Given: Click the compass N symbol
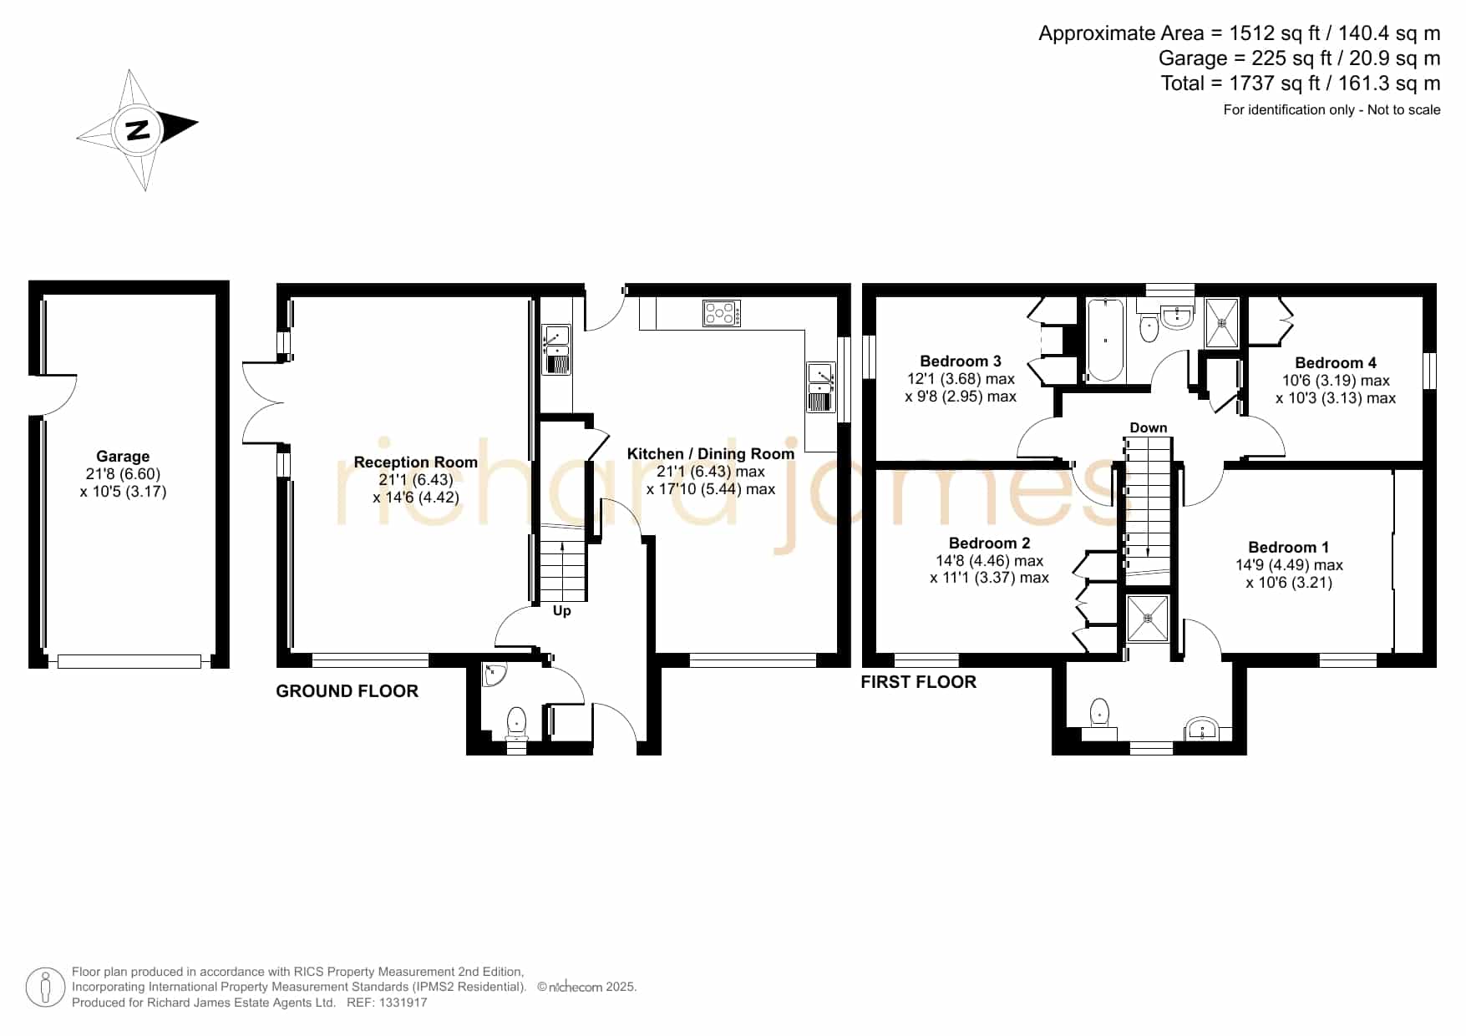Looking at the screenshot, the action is click(138, 130).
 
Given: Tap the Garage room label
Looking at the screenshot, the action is click(123, 457).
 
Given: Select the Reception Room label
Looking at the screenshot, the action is click(415, 462).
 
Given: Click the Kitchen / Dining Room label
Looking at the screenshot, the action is click(710, 454).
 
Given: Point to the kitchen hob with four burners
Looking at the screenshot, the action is click(722, 313).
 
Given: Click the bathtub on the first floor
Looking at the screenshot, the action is click(1106, 340).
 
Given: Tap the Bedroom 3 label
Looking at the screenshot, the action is click(961, 361).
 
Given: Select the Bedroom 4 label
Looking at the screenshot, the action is click(1336, 363).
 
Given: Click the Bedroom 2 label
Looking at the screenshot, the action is click(989, 543).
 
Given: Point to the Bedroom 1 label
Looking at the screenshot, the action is click(1288, 548).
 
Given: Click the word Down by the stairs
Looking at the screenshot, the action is click(1149, 428).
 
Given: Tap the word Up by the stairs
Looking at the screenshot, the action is click(562, 611).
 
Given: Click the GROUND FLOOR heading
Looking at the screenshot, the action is click(347, 691).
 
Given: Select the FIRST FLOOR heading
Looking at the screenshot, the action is click(918, 682).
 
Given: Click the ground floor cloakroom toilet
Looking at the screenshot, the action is click(517, 724).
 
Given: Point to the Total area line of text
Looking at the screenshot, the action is click(1301, 83).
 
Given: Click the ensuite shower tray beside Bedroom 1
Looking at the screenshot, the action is click(1148, 619).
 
